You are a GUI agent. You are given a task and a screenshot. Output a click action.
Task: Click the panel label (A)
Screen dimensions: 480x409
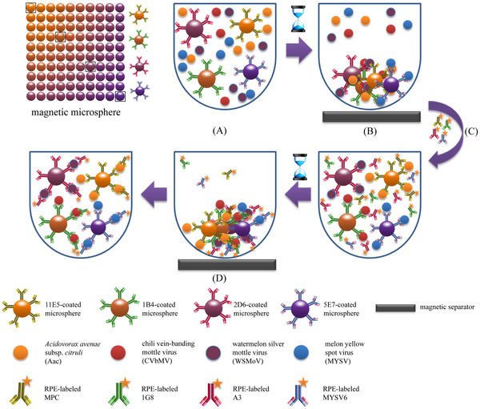tap(219, 130)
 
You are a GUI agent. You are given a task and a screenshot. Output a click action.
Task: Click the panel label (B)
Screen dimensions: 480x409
tap(370, 131)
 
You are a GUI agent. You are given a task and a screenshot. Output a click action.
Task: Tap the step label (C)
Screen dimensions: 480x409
tap(471, 131)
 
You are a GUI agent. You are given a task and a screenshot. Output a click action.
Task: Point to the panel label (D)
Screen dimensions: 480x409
tap(219, 279)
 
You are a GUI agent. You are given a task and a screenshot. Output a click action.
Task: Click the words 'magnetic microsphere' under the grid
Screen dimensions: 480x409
tap(76, 112)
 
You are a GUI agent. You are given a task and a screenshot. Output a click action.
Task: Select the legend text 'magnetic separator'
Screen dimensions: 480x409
tap(447, 307)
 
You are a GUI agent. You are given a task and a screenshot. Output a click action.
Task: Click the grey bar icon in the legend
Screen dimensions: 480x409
tap(395, 308)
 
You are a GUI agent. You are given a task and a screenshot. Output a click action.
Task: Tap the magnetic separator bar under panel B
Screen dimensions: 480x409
tap(372, 117)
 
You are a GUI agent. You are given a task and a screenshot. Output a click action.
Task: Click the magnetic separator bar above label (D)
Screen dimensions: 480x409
tap(227, 264)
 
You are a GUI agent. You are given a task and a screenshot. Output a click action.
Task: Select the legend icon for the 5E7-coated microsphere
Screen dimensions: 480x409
tap(300, 307)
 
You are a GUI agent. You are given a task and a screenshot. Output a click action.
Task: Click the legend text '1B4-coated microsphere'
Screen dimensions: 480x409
tap(160, 309)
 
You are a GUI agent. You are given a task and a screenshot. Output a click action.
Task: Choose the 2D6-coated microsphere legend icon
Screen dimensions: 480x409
tap(213, 307)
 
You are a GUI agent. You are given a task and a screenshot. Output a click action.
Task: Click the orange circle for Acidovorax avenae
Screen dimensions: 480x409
tap(21, 353)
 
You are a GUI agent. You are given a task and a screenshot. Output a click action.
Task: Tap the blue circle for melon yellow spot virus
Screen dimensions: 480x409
tap(302, 352)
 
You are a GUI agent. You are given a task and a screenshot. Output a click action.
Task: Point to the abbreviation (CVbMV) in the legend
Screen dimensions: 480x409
tap(157, 361)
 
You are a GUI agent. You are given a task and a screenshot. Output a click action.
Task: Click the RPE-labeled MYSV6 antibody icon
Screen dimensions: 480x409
tap(298, 391)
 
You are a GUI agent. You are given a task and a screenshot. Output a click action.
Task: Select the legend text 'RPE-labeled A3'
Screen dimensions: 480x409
tap(251, 393)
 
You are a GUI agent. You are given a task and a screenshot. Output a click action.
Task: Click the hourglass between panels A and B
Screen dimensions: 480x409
tap(298, 18)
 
